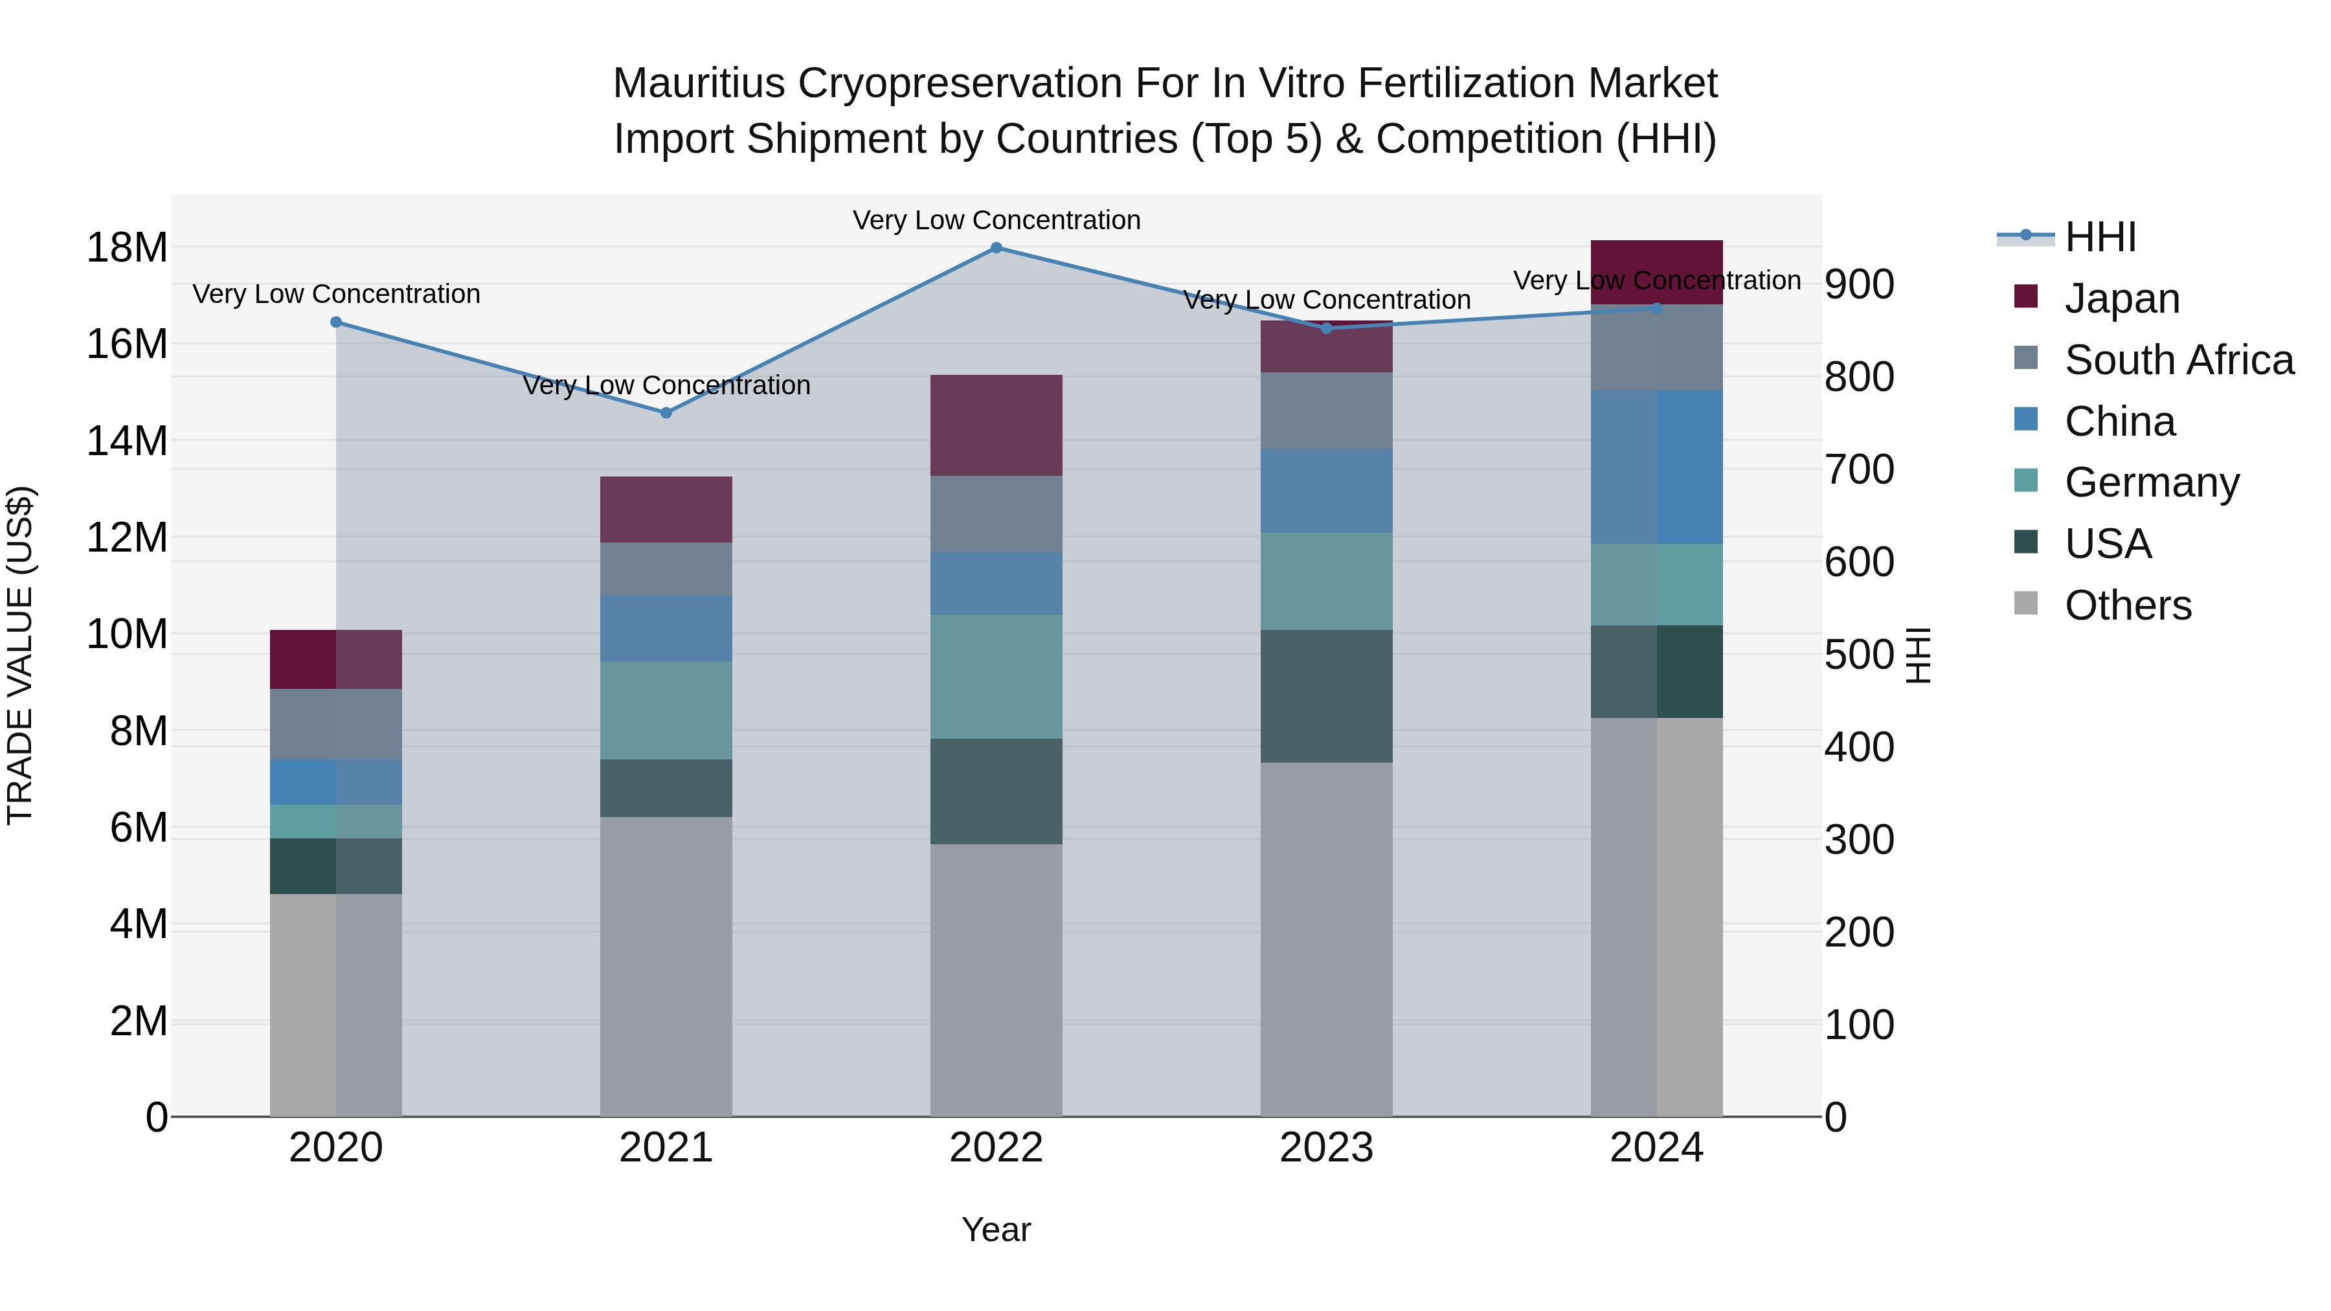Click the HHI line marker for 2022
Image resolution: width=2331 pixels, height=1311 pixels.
997,248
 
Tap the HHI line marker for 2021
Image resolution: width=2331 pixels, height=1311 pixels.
666,412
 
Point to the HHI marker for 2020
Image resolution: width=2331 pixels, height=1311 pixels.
335,322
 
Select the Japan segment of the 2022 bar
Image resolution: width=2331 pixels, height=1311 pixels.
997,425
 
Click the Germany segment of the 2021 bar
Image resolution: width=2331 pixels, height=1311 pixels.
666,710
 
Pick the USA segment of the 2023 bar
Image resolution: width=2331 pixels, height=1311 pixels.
1327,696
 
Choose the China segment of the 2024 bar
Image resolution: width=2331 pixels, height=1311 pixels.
1657,467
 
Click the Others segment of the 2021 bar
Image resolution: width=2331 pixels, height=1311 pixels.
666,967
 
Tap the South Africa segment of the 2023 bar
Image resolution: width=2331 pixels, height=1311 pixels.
1327,410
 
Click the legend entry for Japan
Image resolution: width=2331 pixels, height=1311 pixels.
2121,298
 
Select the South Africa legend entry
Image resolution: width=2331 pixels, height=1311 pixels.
2178,360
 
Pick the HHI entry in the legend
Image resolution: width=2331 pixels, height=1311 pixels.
2099,237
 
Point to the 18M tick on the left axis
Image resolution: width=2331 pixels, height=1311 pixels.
127,248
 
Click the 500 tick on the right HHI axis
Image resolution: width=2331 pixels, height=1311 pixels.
1858,655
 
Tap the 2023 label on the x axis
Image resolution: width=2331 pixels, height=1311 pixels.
1327,1148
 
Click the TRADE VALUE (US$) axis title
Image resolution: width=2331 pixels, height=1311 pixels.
20,655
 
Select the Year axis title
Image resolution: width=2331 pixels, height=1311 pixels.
997,1229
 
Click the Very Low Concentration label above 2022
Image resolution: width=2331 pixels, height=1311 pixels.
997,220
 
